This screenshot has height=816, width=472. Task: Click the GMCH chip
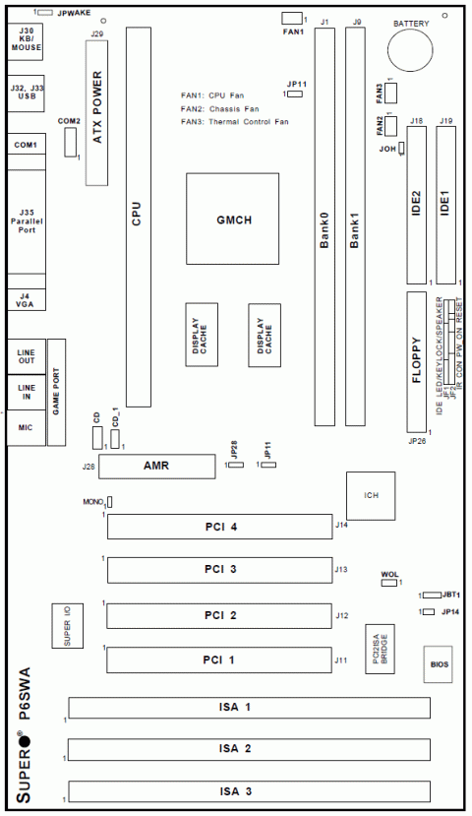(233, 219)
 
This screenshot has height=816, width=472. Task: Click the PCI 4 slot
(219, 528)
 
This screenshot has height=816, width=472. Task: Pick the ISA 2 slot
(249, 749)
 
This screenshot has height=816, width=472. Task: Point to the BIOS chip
(438, 665)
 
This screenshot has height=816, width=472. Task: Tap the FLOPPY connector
(417, 362)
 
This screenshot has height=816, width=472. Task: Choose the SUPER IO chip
(67, 624)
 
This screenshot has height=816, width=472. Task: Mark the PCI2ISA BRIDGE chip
(381, 651)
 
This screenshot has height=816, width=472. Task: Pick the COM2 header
(69, 143)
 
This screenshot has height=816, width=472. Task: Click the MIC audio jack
(25, 429)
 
